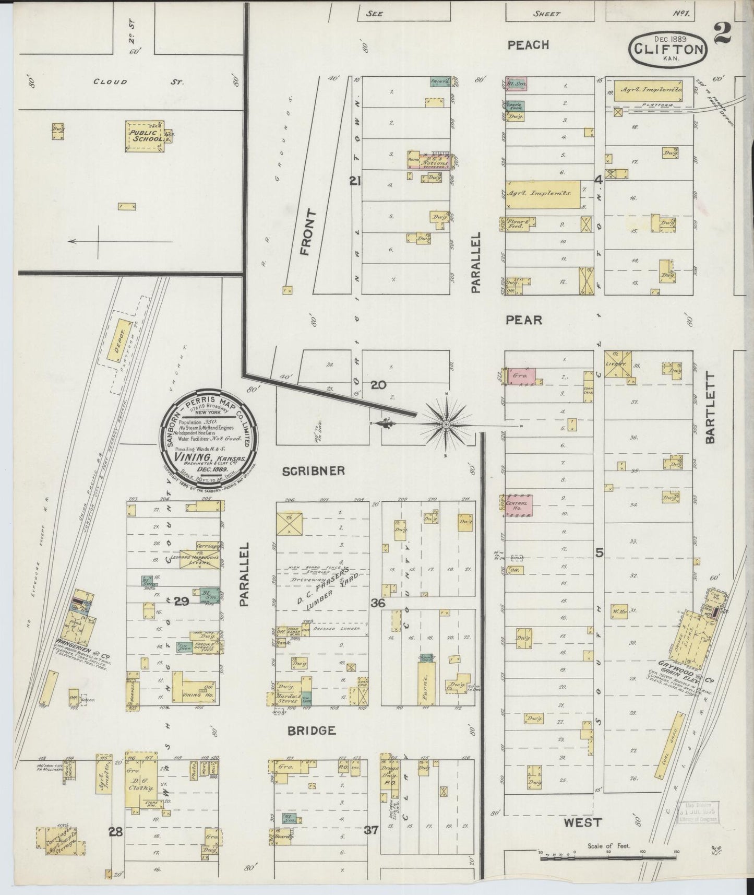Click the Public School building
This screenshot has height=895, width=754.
tap(144, 136)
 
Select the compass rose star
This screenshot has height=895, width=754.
tap(446, 425)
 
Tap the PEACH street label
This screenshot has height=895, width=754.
tap(528, 45)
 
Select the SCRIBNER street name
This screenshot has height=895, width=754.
tap(314, 471)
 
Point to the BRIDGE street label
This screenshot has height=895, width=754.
tap(311, 730)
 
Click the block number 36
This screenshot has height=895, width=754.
tap(378, 603)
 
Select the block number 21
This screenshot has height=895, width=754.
tap(355, 182)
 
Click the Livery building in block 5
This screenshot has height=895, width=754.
tap(619, 363)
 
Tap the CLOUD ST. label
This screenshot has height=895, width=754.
tap(110, 81)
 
